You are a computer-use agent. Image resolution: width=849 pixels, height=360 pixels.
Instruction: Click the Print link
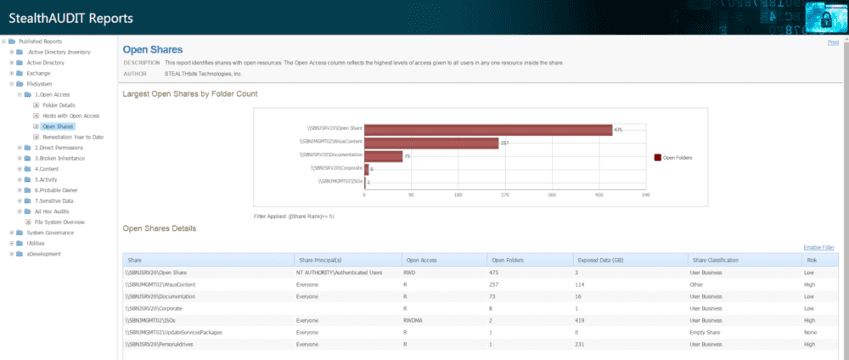tap(833, 42)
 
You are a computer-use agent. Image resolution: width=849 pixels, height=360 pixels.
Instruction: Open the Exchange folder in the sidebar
tap(38, 73)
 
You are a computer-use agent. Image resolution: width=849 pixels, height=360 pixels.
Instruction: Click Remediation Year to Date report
tap(73, 137)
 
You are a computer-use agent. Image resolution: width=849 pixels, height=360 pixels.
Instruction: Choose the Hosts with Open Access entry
tap(71, 115)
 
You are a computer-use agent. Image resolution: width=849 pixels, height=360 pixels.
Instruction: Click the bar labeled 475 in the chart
tap(488, 129)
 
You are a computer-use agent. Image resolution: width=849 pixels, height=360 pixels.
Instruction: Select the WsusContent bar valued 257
tap(431, 143)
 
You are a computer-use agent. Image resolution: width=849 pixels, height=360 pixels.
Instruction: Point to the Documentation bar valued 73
tap(383, 156)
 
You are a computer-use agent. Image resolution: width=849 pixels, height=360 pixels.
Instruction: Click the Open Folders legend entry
tap(677, 157)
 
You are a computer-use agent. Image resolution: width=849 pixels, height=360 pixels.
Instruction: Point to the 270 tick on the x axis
tap(505, 194)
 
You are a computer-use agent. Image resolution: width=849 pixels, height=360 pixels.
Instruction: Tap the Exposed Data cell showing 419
tap(578, 321)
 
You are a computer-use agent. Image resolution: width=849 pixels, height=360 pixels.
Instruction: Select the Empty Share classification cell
tap(708, 333)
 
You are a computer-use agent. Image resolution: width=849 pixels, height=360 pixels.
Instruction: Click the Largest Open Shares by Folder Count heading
tap(190, 93)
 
